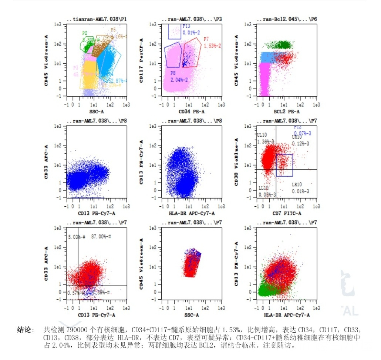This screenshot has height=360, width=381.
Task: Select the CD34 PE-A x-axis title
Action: [191, 111]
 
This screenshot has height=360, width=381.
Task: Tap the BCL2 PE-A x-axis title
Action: [287, 111]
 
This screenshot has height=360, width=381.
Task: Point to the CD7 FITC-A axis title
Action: [287, 213]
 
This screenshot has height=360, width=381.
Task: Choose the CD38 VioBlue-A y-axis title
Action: [237, 162]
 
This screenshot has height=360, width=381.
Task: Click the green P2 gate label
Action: [85, 33]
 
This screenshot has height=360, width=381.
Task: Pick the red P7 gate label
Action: [206, 39]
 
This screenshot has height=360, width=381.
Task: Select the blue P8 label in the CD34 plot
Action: [173, 73]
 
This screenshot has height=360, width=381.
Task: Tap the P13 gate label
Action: [186, 26]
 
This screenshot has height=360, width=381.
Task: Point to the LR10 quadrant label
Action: [297, 184]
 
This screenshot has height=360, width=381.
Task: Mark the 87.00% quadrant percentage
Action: [101, 236]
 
